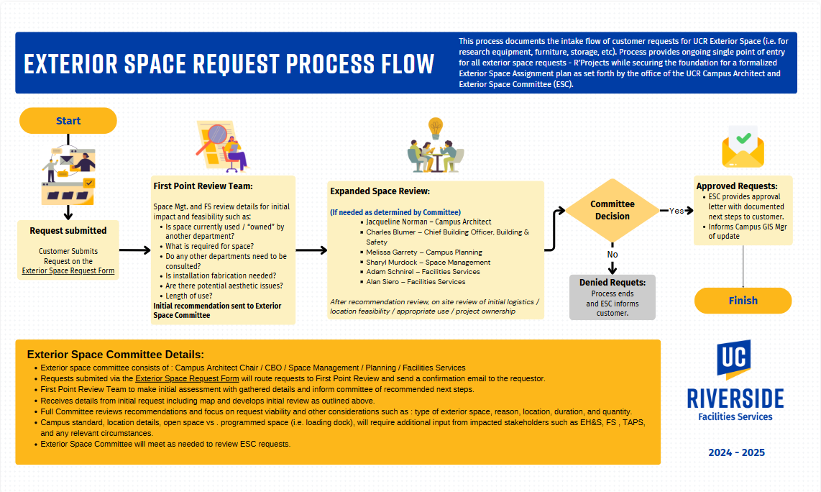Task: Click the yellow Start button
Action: coord(68,121)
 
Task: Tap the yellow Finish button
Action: coord(743,301)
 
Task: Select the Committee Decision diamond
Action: coord(613,210)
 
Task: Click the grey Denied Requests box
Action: coord(612,297)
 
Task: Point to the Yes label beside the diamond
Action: coord(676,211)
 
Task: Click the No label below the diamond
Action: coord(613,254)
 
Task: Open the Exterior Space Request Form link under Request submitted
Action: coord(68,271)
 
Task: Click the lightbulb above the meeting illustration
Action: coord(436,128)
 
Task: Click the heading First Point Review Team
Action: coord(203,186)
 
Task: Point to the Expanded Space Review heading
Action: coord(380,191)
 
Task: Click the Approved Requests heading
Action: coord(737,186)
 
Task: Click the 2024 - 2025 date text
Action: coord(736,452)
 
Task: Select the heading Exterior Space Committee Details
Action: coord(116,355)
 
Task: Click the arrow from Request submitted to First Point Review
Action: coord(134,250)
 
